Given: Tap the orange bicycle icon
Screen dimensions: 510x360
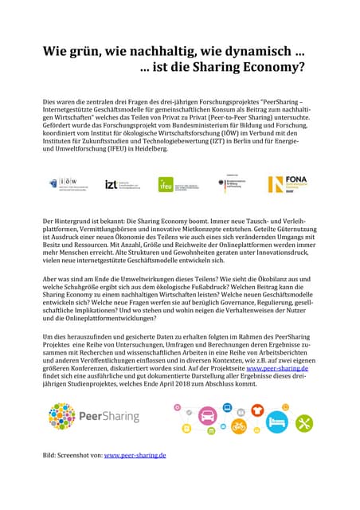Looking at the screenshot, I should [238, 426].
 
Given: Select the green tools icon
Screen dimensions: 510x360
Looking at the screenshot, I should [303, 423].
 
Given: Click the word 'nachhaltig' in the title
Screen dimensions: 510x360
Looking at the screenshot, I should [158, 52].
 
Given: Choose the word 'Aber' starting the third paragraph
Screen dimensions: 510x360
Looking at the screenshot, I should [51, 281].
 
